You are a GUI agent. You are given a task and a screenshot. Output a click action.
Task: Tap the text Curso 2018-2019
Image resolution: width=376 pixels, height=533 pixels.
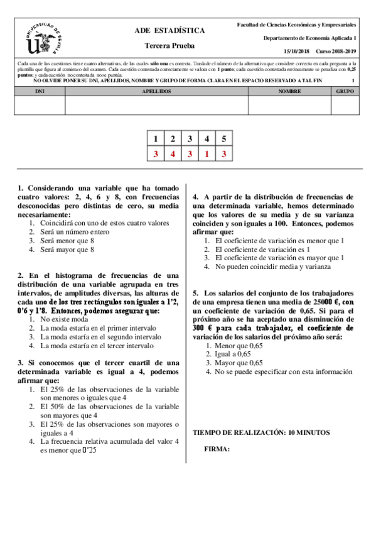336,51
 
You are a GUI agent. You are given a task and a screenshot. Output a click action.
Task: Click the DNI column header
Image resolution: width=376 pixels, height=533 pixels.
39,91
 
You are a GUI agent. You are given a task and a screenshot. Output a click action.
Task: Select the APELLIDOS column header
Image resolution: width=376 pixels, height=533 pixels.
156,91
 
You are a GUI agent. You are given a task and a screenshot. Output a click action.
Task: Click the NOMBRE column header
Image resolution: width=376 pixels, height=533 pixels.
289,91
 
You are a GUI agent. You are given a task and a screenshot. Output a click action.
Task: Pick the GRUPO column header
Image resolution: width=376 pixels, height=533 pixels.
345,91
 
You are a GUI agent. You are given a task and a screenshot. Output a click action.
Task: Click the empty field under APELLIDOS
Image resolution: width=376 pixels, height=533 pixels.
156,105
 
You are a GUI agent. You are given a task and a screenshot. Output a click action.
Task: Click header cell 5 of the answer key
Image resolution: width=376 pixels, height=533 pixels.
223,139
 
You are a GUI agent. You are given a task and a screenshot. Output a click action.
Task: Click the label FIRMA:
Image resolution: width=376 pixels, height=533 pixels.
217,449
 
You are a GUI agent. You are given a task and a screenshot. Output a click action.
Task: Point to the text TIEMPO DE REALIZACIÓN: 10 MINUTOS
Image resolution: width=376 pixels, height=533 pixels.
261,432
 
